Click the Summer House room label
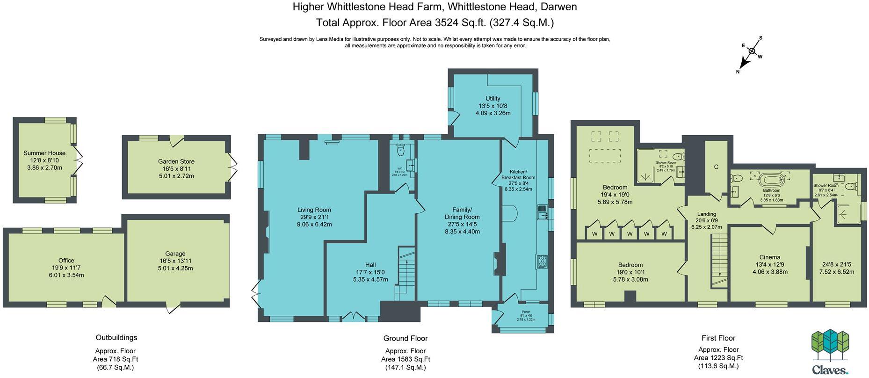pyautogui.click(x=44, y=153)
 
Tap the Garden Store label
pyautogui.click(x=176, y=161)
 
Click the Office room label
pyautogui.click(x=66, y=261)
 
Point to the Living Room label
pyautogui.click(x=314, y=210)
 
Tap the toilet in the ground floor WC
pyautogui.click(x=400, y=151)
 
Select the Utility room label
pyautogui.click(x=492, y=99)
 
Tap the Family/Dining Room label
pyautogui.click(x=462, y=213)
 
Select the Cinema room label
pyautogui.click(x=769, y=257)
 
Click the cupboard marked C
pyautogui.click(x=716, y=167)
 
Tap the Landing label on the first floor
pyautogui.click(x=706, y=214)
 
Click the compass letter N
pyautogui.click(x=738, y=72)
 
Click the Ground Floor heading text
pyautogui.click(x=405, y=338)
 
